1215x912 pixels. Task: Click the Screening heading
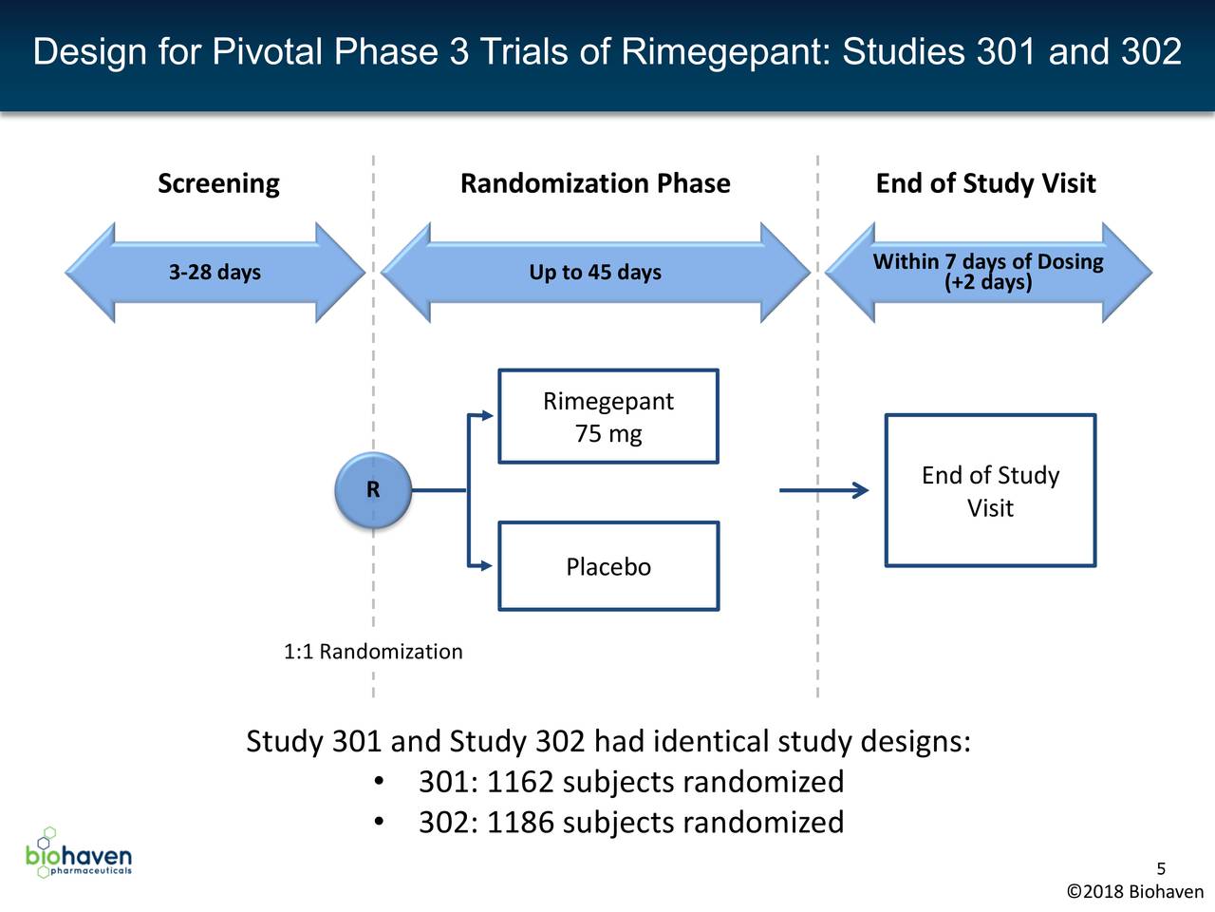(x=218, y=183)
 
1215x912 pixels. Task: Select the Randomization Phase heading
(x=595, y=183)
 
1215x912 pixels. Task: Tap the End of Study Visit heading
(x=985, y=183)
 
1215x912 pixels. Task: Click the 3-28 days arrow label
(x=215, y=273)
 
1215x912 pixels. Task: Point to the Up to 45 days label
(x=595, y=273)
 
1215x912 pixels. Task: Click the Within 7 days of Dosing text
(x=987, y=262)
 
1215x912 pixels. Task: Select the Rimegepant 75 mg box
(x=608, y=417)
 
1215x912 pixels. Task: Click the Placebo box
(x=608, y=567)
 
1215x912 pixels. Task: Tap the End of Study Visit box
(x=990, y=491)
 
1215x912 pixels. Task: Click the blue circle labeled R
(x=373, y=490)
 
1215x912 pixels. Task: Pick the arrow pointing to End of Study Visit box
(x=823, y=491)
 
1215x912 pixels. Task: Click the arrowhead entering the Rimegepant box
(x=486, y=416)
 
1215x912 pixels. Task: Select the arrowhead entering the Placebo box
(x=486, y=566)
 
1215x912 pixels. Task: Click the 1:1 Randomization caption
(x=373, y=652)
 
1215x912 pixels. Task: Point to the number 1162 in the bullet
(x=519, y=782)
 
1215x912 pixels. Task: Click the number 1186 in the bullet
(x=519, y=822)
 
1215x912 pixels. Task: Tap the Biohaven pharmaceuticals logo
(x=79, y=853)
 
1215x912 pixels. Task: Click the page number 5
(x=1161, y=869)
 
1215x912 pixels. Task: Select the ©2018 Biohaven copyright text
(x=1135, y=892)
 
